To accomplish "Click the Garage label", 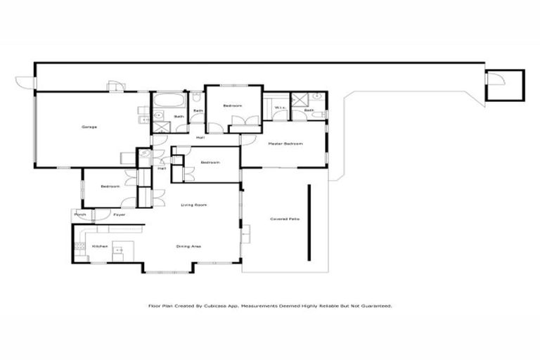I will (89, 127).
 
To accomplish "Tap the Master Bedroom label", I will (285, 144).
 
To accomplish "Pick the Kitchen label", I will (98, 246).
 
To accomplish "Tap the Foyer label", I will (120, 214).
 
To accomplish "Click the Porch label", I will (80, 214).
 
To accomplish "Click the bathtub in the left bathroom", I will (167, 100).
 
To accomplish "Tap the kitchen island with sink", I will (119, 249).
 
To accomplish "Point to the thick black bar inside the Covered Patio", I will (308, 222).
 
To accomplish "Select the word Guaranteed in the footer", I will (375, 307).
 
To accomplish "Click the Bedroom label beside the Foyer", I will (110, 186).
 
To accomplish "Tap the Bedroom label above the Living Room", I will (210, 162).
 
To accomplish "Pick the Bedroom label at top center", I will (233, 105).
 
